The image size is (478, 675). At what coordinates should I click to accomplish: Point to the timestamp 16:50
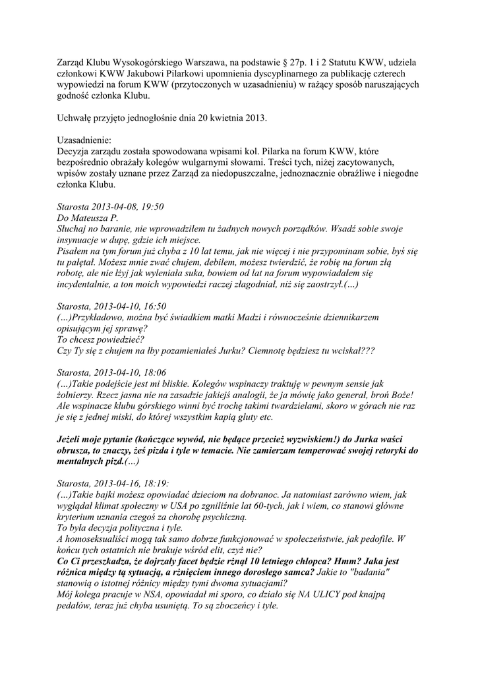[x=152, y=306]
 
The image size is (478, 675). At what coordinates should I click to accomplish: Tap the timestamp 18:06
[x=152, y=372]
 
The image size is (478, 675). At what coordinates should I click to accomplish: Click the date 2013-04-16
[x=117, y=483]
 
